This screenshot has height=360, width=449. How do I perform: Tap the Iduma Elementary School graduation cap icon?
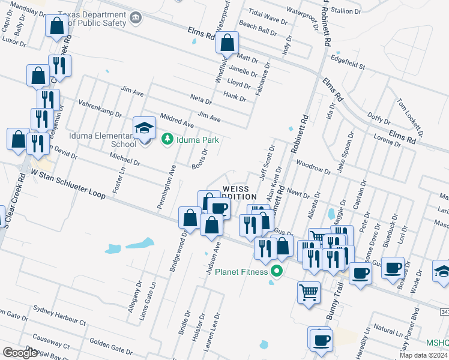tap(143, 128)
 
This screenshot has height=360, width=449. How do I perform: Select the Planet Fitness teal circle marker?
tap(276, 271)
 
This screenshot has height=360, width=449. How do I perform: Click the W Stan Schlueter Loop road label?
tap(68, 184)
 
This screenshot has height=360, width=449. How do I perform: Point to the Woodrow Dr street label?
tap(314, 167)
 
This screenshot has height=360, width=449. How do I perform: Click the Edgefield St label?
tap(348, 62)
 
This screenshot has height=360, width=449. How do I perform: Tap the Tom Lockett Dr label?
tap(410, 118)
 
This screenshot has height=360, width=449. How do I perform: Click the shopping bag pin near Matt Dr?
tap(227, 43)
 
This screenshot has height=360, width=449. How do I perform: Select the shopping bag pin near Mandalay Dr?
tap(56, 26)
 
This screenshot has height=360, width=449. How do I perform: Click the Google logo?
tap(20, 353)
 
